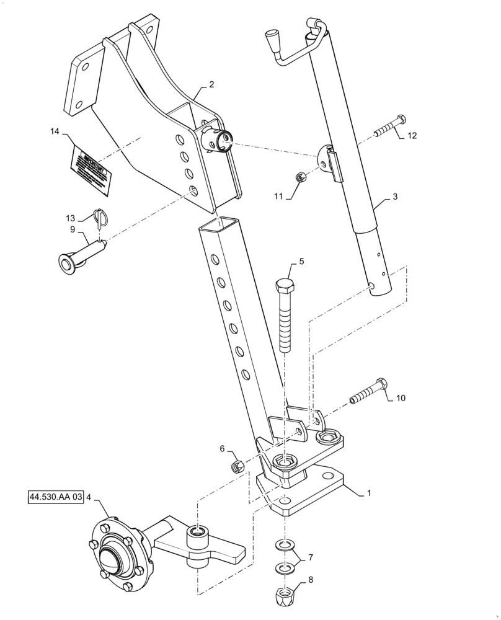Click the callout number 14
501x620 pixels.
55,131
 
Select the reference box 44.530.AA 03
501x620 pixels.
55,497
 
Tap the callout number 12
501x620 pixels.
412,136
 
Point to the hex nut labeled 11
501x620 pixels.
298,177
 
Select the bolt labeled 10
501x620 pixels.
371,391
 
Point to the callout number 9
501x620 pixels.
73,230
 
